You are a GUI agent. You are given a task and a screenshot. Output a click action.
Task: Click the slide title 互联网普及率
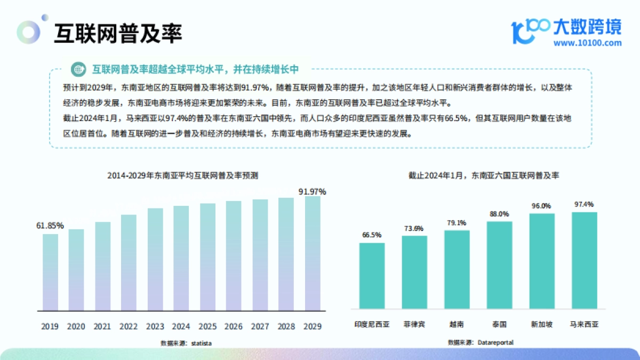coord(118,34)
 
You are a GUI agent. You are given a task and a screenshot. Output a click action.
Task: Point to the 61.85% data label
coord(50,226)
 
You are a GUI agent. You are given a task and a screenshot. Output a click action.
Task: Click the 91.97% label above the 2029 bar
coord(313,191)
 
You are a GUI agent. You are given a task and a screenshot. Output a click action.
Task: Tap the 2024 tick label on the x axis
coord(181,326)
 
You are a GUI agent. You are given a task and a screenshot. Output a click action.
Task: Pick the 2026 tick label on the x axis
coord(234,326)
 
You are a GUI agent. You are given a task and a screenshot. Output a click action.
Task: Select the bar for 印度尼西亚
coord(372,275)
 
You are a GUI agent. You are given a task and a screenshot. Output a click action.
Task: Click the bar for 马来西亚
coord(584,260)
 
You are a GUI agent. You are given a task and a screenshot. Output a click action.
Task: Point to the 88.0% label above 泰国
coord(499,214)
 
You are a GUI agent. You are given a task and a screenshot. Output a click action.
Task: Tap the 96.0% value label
coord(541,206)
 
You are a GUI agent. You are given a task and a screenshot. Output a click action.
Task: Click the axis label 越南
coord(457,324)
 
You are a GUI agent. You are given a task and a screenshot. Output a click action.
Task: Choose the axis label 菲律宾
coord(414,324)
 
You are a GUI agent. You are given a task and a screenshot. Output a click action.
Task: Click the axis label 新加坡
coord(541,324)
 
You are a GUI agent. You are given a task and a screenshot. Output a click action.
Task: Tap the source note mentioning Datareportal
coord(481,342)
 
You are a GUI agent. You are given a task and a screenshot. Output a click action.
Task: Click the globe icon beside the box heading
coord(79,69)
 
